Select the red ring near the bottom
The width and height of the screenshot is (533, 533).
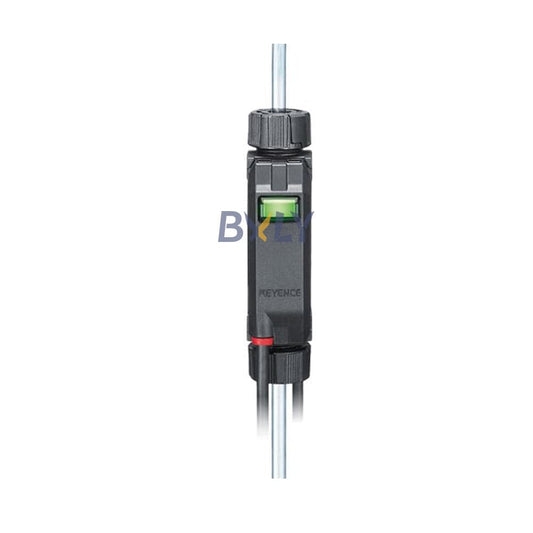(x=264, y=342)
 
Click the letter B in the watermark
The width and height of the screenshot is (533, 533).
(x=232, y=227)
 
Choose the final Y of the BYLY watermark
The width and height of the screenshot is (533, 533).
(x=300, y=227)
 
